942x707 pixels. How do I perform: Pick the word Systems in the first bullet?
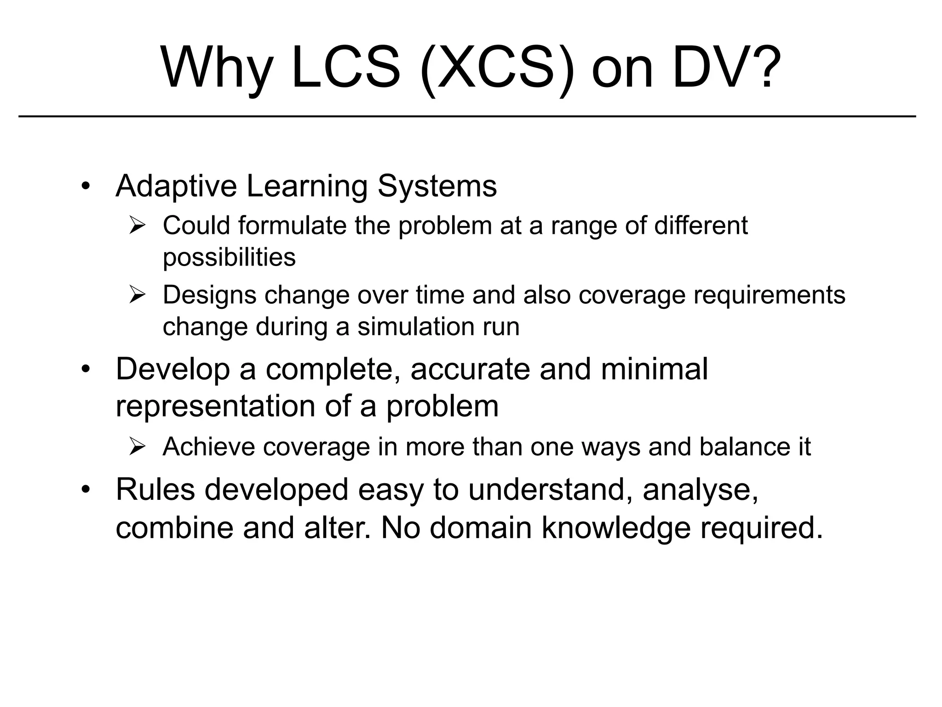(x=437, y=186)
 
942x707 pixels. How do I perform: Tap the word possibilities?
(x=229, y=257)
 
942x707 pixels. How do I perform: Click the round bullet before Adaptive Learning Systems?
(x=85, y=186)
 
